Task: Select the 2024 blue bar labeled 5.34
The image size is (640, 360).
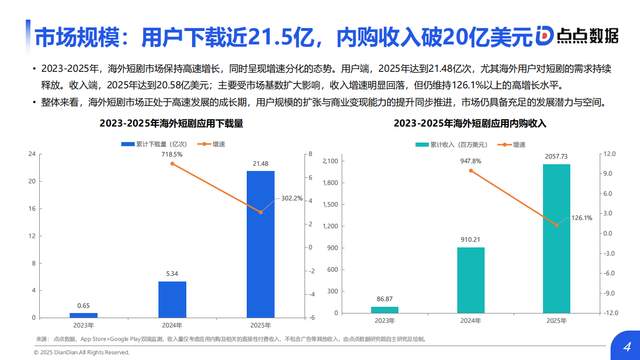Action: click(172, 300)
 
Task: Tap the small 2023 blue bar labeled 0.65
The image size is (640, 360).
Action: click(84, 315)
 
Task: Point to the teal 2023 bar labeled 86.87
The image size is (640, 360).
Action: click(385, 310)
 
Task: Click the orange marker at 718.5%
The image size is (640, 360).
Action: click(172, 164)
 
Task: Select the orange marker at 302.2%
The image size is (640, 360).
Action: click(261, 212)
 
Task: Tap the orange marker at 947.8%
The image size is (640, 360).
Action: click(471, 170)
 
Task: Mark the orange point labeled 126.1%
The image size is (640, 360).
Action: click(556, 225)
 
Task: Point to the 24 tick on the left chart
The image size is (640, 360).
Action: click(32, 154)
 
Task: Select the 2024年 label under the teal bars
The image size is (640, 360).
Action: click(471, 321)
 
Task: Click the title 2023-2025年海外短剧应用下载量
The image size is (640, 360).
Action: click(171, 124)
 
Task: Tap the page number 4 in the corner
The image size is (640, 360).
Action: click(627, 347)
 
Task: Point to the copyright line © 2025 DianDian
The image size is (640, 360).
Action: click(82, 352)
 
